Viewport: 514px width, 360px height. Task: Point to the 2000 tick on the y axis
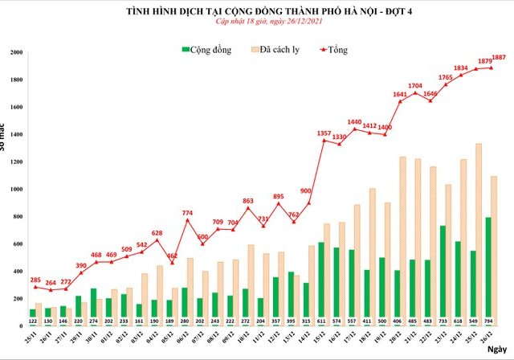[17, 53]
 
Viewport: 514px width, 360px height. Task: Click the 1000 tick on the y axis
[17, 190]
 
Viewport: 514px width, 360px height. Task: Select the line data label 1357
[324, 133]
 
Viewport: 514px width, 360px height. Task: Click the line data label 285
[36, 280]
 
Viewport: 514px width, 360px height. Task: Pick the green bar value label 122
[33, 321]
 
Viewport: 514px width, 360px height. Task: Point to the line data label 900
[305, 190]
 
